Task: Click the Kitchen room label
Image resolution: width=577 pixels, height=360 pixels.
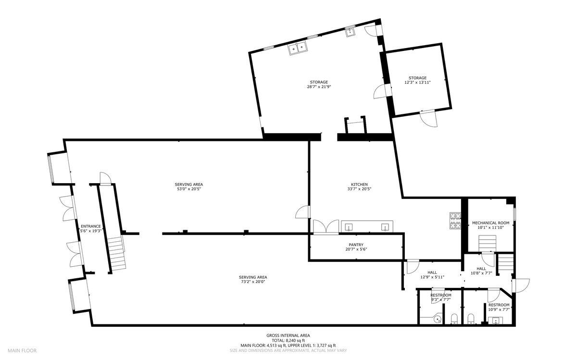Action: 359,185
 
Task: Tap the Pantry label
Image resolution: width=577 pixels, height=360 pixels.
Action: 356,245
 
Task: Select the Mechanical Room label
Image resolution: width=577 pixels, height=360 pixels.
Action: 490,223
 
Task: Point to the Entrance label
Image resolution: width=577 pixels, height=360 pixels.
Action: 90,226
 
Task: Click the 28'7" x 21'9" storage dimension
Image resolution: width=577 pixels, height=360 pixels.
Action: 319,87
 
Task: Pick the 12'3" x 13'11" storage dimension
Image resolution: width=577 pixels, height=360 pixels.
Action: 417,83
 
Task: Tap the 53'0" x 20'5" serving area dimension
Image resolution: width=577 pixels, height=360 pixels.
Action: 188,189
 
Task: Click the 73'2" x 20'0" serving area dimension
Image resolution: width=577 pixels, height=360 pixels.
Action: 253,282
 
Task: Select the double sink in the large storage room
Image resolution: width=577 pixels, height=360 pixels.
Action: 298,48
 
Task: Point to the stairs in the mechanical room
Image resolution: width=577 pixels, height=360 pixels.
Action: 487,245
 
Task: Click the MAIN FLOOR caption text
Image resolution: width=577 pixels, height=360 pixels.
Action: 22,350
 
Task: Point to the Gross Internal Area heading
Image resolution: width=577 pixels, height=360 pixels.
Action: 288,335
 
